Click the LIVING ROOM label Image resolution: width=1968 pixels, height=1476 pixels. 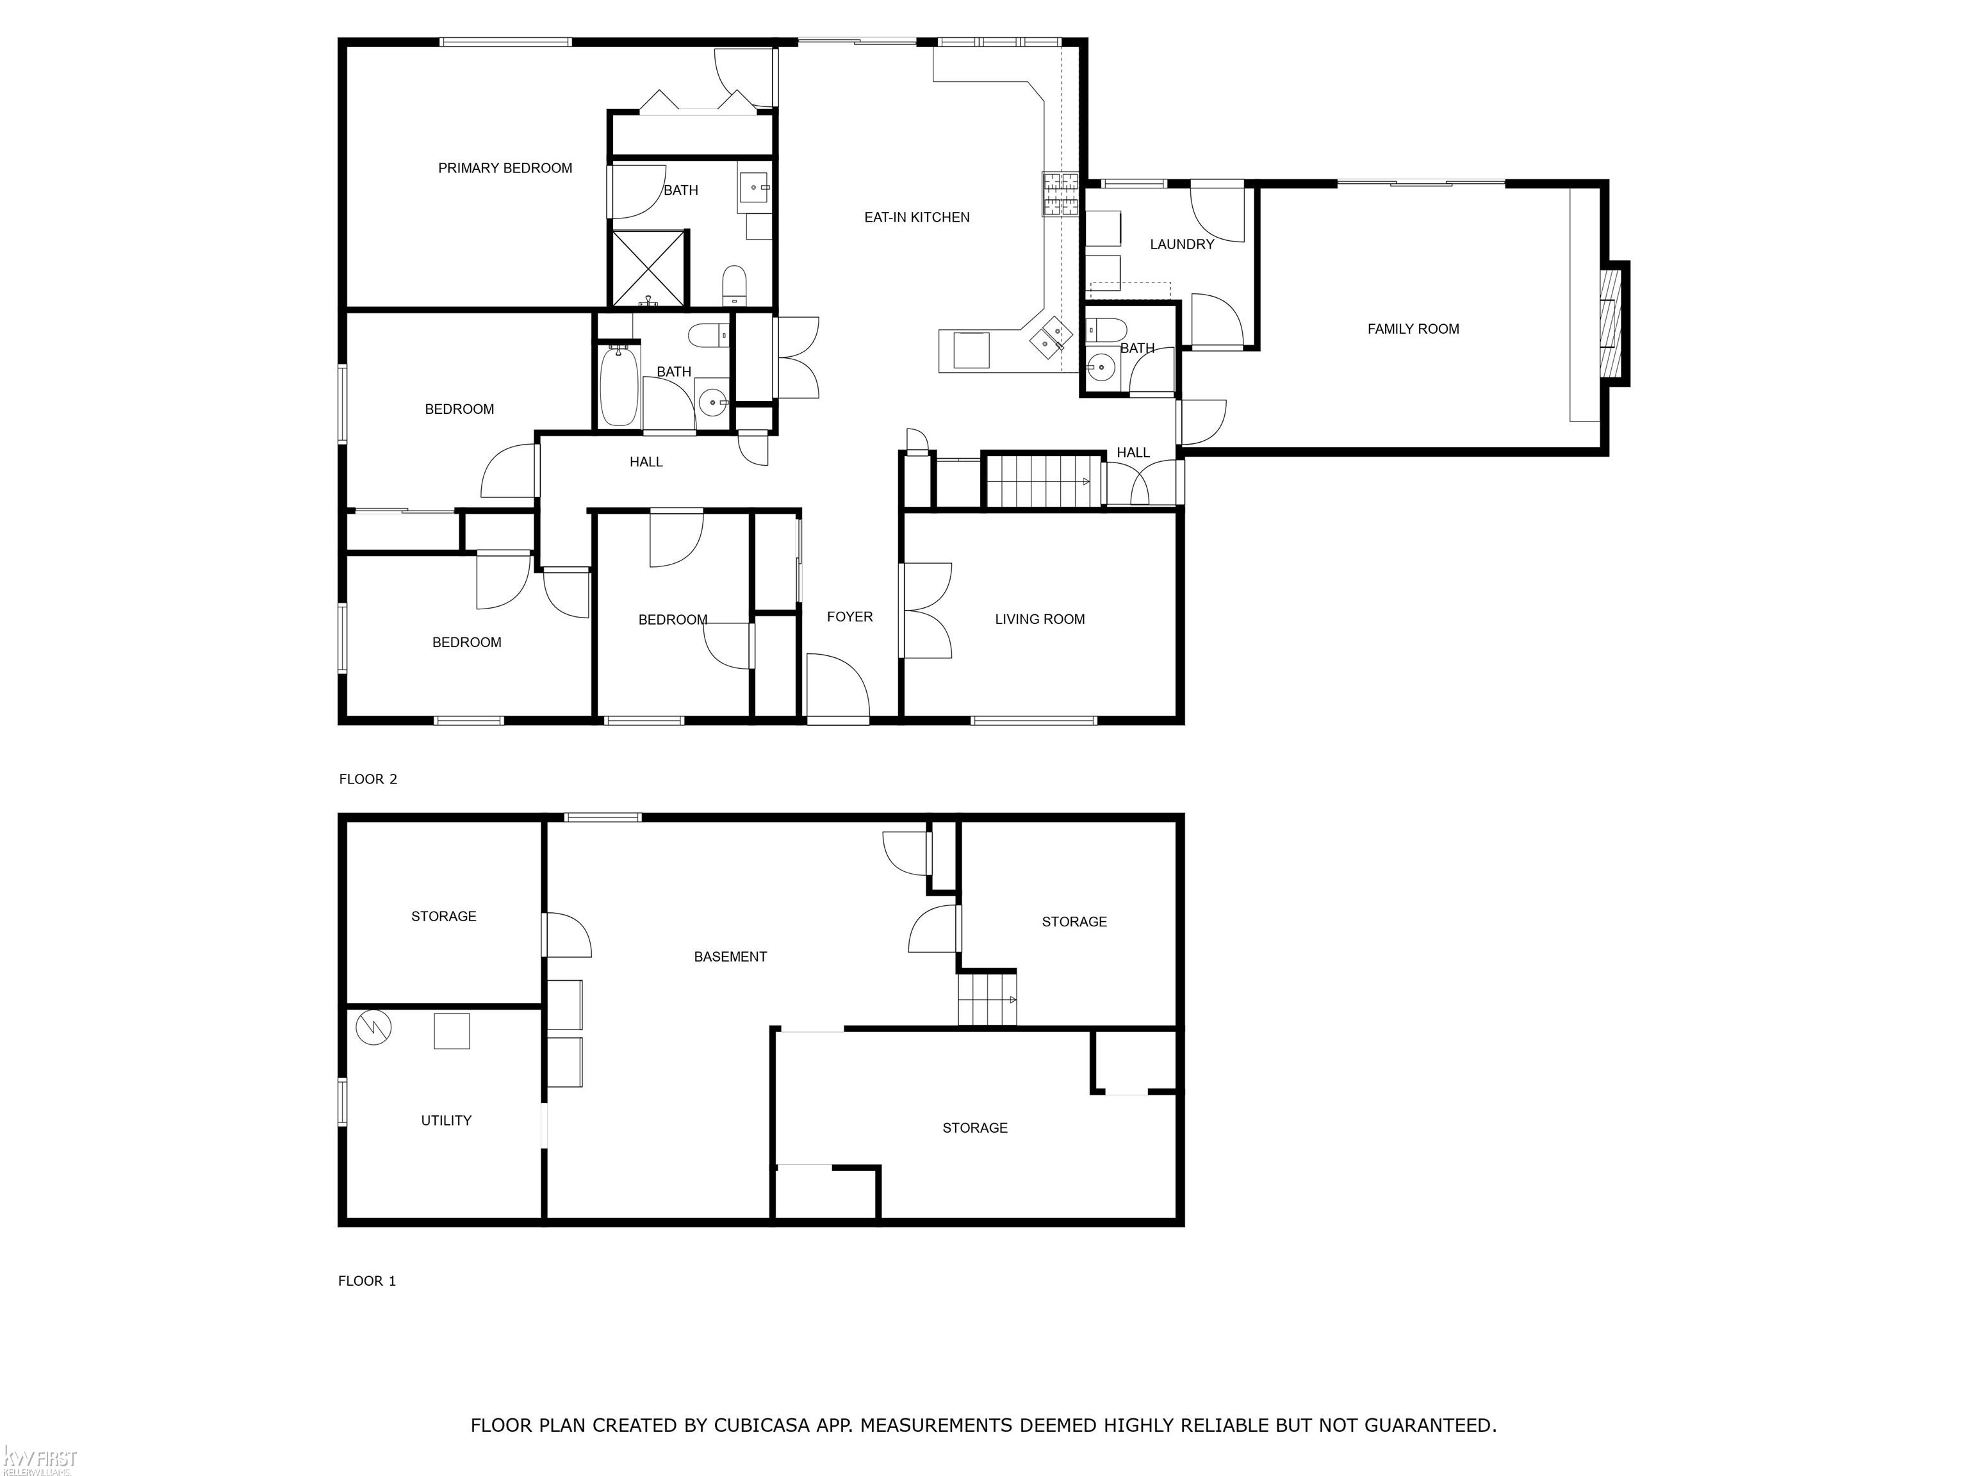point(1039,619)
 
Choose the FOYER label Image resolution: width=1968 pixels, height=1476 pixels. point(849,616)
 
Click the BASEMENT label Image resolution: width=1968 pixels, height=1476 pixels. point(730,957)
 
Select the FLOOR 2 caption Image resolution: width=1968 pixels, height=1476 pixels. point(368,780)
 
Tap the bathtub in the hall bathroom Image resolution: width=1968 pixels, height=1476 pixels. point(619,387)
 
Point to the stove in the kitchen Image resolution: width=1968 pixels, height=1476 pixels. point(1060,194)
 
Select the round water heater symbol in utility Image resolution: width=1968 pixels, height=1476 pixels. point(373,1028)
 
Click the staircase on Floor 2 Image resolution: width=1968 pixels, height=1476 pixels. point(1044,481)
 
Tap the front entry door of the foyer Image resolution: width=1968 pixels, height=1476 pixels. point(837,686)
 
